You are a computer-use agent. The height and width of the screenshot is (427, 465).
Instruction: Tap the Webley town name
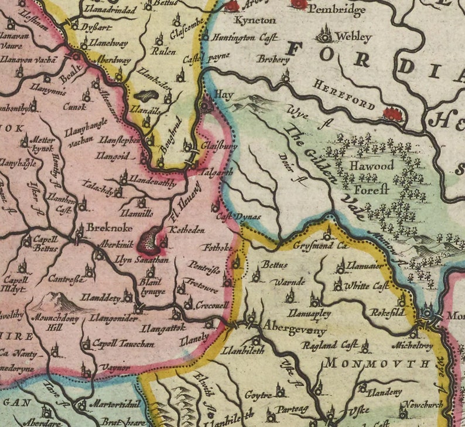click(x=353, y=37)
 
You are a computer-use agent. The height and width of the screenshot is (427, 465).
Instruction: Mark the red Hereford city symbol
click(x=393, y=114)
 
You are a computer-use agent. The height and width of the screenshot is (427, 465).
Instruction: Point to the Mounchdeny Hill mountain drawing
click(x=57, y=301)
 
